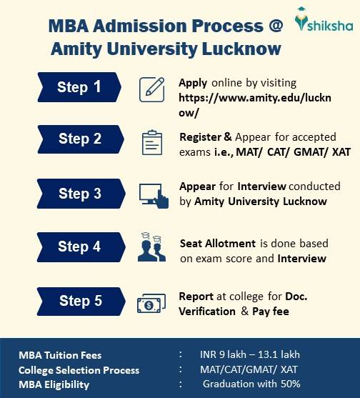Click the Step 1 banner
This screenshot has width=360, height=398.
point(79,87)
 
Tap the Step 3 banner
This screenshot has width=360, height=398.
point(79,194)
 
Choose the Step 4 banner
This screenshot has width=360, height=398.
point(79,247)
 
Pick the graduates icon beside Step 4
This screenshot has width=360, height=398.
point(151,247)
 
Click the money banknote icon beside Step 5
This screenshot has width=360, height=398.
point(151,302)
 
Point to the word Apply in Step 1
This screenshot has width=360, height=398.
point(192,82)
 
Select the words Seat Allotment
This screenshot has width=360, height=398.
point(213,244)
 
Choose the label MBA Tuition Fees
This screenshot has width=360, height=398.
point(61,355)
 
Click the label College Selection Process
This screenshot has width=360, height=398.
point(79,370)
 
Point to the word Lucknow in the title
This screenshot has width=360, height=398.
point(231,49)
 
